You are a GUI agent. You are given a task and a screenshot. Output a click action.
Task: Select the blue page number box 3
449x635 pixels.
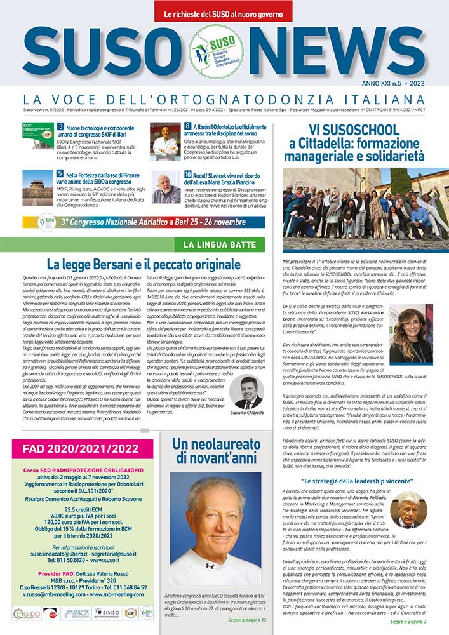60,127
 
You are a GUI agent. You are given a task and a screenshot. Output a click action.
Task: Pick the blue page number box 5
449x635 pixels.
60,173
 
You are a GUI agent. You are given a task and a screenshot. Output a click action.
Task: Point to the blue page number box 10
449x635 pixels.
189,173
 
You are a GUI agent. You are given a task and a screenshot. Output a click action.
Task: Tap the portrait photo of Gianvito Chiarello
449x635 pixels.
248,392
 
